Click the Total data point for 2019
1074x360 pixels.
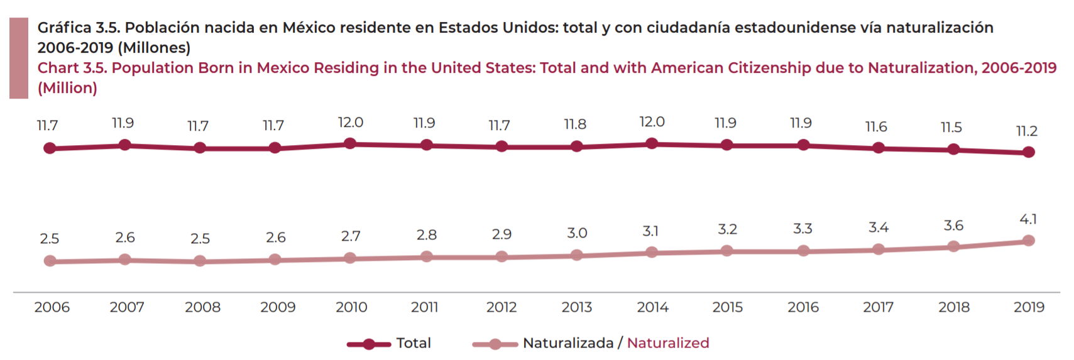coord(1028,152)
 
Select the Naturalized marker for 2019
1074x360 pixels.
coord(1028,241)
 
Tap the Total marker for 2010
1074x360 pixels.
coord(350,144)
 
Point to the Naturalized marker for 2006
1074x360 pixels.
coord(50,261)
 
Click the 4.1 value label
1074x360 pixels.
coord(1028,219)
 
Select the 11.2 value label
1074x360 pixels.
coord(1026,131)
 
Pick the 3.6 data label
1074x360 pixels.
coord(953,226)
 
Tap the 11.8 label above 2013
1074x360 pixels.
coord(574,124)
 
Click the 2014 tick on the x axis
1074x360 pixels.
coord(652,307)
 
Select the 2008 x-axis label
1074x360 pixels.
coord(202,307)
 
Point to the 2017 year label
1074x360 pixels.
coord(878,307)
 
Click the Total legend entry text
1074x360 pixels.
coord(414,343)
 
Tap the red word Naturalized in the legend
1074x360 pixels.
coord(668,343)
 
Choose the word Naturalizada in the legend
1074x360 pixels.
coord(567,343)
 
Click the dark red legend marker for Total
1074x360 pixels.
coord(369,344)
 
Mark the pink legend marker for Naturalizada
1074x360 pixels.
coord(495,344)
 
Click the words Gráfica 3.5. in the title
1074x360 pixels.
coord(79,28)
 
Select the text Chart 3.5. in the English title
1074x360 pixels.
coord(72,68)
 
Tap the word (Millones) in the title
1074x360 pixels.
coord(154,48)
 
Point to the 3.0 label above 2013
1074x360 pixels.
coord(577,233)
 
